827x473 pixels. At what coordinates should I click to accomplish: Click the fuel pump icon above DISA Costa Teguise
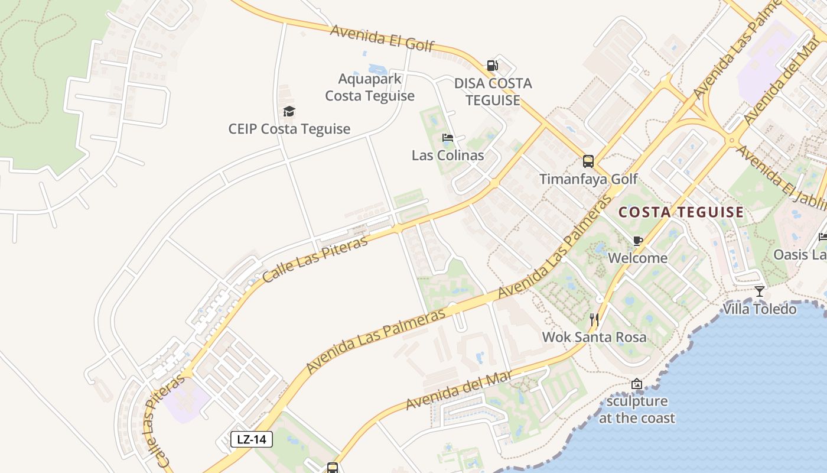492,66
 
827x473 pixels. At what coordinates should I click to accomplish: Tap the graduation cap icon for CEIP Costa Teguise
289,111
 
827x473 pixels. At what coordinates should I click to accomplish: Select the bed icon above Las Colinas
448,138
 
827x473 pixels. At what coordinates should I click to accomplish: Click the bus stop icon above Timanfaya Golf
588,161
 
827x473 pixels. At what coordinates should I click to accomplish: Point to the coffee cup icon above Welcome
637,241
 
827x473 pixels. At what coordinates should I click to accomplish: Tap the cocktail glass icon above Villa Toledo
760,291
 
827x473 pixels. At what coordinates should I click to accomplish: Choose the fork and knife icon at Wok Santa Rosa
594,320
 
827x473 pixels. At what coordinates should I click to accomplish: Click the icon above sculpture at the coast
636,384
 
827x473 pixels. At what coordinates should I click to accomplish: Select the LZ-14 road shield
252,439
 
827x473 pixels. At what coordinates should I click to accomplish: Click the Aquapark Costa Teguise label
370,87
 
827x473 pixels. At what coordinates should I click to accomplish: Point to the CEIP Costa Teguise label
289,129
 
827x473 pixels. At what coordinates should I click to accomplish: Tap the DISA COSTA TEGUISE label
493,92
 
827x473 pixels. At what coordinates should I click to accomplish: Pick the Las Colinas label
448,155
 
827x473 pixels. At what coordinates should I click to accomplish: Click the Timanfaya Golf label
588,179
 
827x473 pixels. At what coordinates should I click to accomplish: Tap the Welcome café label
637,258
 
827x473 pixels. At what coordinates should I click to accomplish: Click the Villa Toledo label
760,309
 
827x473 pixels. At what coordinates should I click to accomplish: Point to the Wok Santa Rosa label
594,337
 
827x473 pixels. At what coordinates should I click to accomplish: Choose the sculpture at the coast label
637,409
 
